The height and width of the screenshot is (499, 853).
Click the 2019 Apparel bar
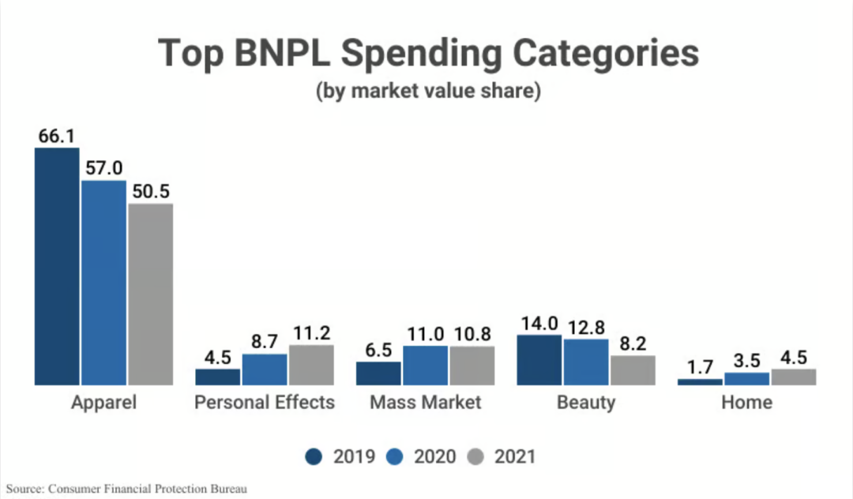(57, 266)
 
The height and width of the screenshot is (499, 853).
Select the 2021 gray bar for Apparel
(150, 294)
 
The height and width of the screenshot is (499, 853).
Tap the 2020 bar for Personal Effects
(265, 370)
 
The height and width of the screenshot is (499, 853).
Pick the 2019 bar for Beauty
(539, 360)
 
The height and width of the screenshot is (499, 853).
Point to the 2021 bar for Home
(793, 377)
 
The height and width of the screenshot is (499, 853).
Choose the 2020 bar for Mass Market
(425, 365)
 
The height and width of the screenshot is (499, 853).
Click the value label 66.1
(57, 136)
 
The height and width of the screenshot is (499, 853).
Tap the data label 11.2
(311, 332)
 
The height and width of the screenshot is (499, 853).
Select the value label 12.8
(586, 327)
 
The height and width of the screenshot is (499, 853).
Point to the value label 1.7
(700, 366)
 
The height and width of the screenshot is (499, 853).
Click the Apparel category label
(103, 403)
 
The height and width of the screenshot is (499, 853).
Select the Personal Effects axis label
(265, 403)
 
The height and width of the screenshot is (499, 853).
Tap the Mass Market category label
(425, 403)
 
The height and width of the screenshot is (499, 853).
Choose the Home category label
(746, 403)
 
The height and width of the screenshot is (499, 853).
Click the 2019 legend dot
(314, 456)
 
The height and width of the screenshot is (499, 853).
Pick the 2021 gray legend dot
(475, 456)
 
